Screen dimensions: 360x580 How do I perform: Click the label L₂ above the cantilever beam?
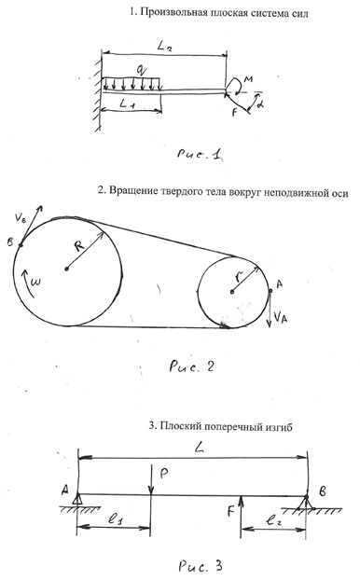pos(165,48)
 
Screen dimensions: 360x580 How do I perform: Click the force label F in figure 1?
pos(234,112)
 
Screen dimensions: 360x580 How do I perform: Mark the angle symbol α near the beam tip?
pos(261,104)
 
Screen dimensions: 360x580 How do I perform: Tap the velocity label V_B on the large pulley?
pos(21,217)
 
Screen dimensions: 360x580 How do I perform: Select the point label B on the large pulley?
pos(10,242)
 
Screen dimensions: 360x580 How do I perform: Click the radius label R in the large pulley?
pos(80,245)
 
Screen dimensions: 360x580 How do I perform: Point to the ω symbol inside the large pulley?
pos(36,282)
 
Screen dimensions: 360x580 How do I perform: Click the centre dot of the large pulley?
pos(66,269)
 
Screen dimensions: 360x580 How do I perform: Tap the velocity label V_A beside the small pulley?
pos(280,317)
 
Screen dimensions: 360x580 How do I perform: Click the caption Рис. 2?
pos(191,366)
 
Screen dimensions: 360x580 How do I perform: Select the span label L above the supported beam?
pos(199,449)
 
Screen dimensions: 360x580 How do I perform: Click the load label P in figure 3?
pos(164,474)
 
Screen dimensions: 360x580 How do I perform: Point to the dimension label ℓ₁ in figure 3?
pos(116,519)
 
